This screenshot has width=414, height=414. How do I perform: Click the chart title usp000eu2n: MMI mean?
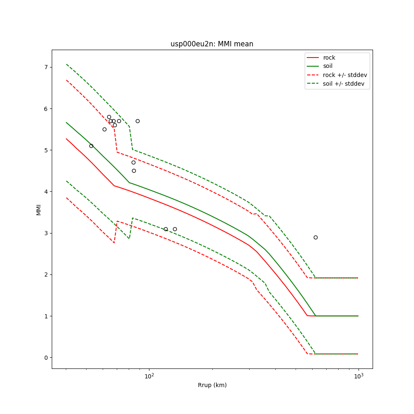point(212,44)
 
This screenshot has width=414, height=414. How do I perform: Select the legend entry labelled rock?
point(329,58)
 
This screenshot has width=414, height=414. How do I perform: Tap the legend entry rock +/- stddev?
point(345,75)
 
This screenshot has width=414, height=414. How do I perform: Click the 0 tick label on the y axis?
point(46,357)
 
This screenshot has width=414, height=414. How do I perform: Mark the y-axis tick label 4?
point(46,192)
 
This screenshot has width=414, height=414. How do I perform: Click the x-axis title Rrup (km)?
point(212,385)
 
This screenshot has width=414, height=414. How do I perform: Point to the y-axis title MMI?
point(39,209)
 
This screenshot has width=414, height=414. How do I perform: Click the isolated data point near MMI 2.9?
point(315,237)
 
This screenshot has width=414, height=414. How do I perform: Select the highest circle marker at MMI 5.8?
point(109,117)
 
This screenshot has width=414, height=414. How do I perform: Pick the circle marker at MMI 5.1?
point(91,146)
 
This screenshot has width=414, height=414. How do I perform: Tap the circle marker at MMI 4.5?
point(134,171)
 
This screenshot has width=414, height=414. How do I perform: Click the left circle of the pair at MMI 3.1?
point(166,229)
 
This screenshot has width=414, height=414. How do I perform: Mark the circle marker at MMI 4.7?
point(133,162)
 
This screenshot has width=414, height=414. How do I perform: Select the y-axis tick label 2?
point(46,274)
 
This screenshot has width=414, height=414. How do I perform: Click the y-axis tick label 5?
point(46,150)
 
